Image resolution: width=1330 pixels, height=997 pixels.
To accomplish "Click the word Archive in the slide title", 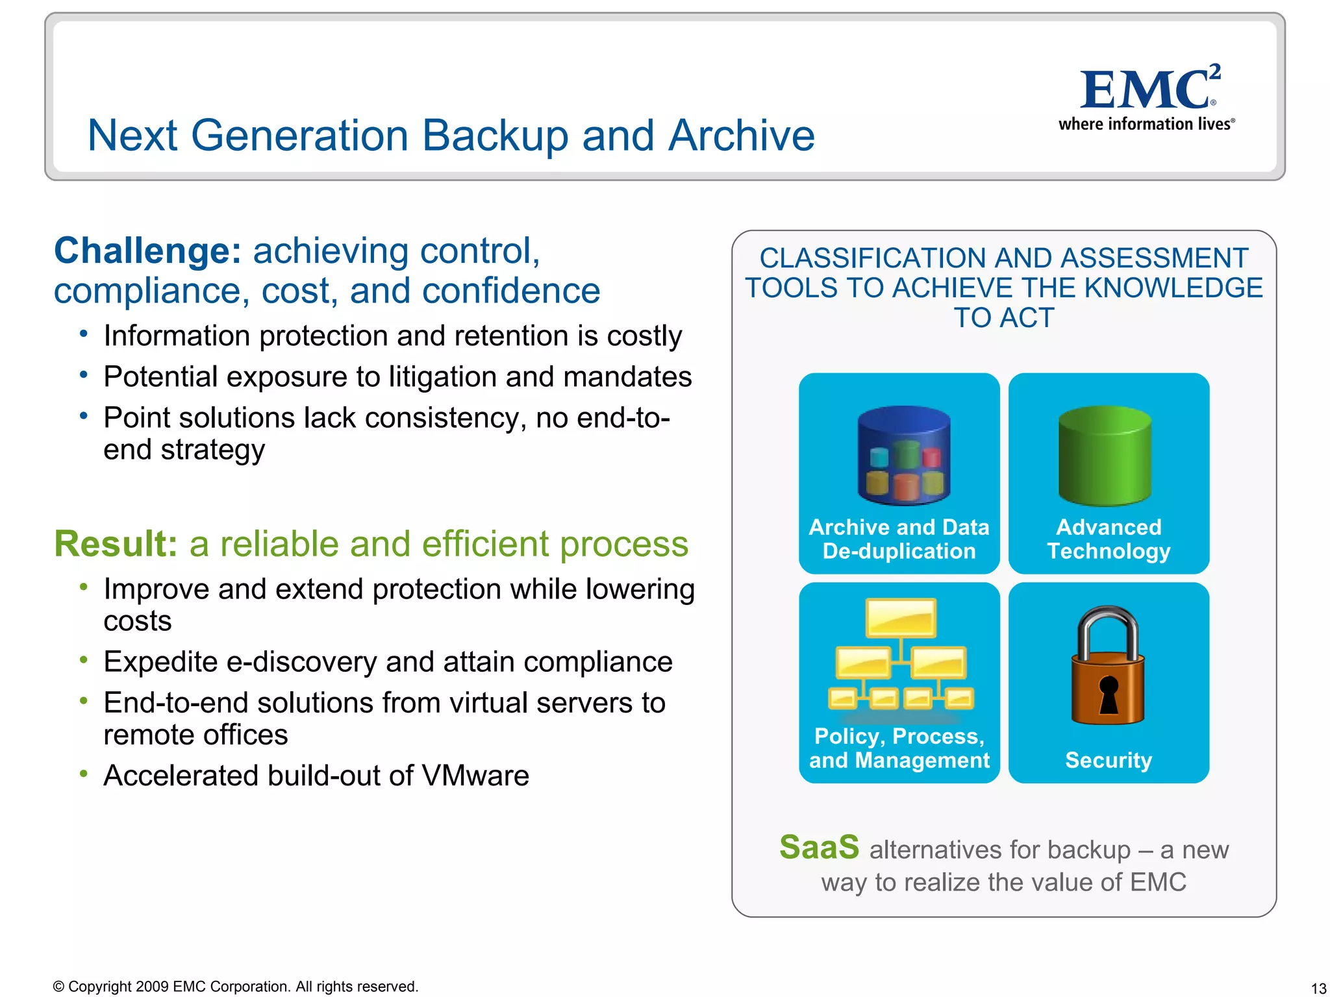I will [x=741, y=136].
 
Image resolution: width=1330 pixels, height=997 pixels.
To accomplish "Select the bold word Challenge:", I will [x=147, y=251].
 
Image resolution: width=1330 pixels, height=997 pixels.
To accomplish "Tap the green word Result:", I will [x=116, y=544].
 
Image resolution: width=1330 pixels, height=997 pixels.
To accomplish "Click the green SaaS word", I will [x=819, y=847].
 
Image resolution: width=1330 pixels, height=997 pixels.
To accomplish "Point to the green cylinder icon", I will [x=1105, y=456].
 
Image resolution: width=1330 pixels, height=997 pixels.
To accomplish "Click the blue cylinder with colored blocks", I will [x=903, y=456].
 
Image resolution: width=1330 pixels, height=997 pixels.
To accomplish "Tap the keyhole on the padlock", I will [x=1109, y=693].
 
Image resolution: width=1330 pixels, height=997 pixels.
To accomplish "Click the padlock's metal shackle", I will [x=1108, y=630].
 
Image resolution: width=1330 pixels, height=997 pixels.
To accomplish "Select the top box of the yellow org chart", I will [x=901, y=617].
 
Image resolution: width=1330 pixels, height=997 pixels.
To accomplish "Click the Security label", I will [x=1109, y=760].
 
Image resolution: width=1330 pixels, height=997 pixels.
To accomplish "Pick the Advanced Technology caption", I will [x=1109, y=539].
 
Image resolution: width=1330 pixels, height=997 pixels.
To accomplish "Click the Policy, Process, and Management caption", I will [x=899, y=748].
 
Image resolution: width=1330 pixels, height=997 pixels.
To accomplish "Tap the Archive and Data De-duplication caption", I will [x=899, y=539].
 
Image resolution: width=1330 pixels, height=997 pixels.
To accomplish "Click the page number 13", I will [x=1318, y=988].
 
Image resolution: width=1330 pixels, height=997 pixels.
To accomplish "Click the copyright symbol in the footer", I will [x=58, y=987].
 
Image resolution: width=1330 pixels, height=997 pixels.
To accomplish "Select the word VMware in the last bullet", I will [x=475, y=776].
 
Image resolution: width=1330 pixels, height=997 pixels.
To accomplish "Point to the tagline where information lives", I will [x=1146, y=124].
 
